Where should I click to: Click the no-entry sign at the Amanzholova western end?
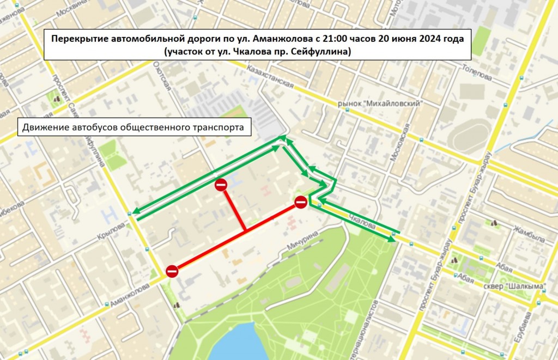[x=172, y=271]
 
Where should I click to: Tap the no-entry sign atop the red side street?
[x=221, y=185]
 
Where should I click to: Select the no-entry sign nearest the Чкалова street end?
[x=301, y=203]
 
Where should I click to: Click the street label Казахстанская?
[x=270, y=78]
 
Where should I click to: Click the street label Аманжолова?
[x=129, y=295]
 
